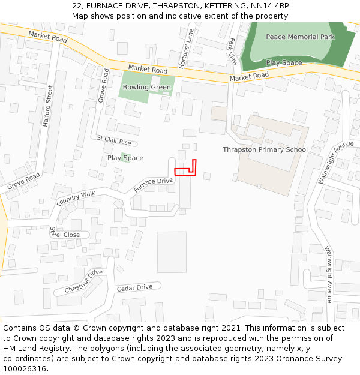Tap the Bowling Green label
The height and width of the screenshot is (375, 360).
click(147, 87)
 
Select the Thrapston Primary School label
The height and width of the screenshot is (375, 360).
click(265, 149)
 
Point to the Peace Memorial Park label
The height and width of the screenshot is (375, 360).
click(301, 37)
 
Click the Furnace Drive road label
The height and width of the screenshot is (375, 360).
click(153, 185)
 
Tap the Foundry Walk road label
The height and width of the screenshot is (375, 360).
click(76, 199)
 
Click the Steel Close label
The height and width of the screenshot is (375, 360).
click(64, 234)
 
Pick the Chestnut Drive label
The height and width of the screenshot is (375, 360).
click(83, 282)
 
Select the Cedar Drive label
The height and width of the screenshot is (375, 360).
click(134, 287)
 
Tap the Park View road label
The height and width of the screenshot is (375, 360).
click(233, 51)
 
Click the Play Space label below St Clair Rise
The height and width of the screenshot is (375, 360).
click(125, 158)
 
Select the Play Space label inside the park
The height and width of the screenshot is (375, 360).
click(284, 62)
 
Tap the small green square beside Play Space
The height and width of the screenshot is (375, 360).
click(125, 157)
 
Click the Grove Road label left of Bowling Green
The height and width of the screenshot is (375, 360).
click(103, 85)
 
